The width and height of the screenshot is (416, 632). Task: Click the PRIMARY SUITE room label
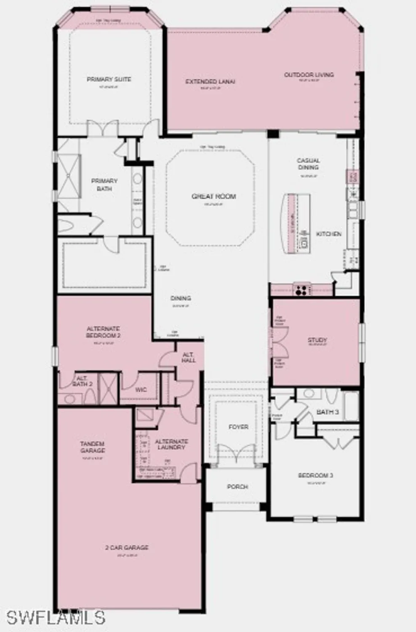pyautogui.click(x=109, y=79)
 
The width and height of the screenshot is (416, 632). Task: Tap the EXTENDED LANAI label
pyautogui.click(x=210, y=81)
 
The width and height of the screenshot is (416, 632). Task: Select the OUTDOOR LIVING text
pyautogui.click(x=309, y=75)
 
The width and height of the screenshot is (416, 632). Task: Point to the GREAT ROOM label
pyautogui.click(x=214, y=196)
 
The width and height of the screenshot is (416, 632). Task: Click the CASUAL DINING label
pyautogui.click(x=309, y=164)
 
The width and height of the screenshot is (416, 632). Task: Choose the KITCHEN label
pyautogui.click(x=329, y=233)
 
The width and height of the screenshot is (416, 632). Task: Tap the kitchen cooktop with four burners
pyautogui.click(x=301, y=290)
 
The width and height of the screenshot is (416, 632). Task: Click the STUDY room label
pyautogui.click(x=317, y=340)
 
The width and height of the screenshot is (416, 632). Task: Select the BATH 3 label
pyautogui.click(x=328, y=412)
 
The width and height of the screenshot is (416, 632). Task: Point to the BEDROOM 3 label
pyautogui.click(x=316, y=475)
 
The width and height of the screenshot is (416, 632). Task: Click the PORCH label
pyautogui.click(x=237, y=487)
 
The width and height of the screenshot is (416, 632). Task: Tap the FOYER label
pyautogui.click(x=238, y=427)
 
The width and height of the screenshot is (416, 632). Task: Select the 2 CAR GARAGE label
pyautogui.click(x=127, y=548)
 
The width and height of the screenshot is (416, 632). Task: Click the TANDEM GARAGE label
pyautogui.click(x=93, y=447)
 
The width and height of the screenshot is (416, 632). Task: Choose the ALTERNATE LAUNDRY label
pyautogui.click(x=172, y=444)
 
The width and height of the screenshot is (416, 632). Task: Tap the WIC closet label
pyautogui.click(x=141, y=390)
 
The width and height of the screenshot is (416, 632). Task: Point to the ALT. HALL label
pyautogui.click(x=189, y=358)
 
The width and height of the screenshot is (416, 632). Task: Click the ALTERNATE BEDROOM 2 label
pyautogui.click(x=104, y=332)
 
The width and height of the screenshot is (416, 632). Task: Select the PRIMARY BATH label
pyautogui.click(x=104, y=185)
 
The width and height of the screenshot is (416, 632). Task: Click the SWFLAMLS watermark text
pyautogui.click(x=56, y=618)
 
